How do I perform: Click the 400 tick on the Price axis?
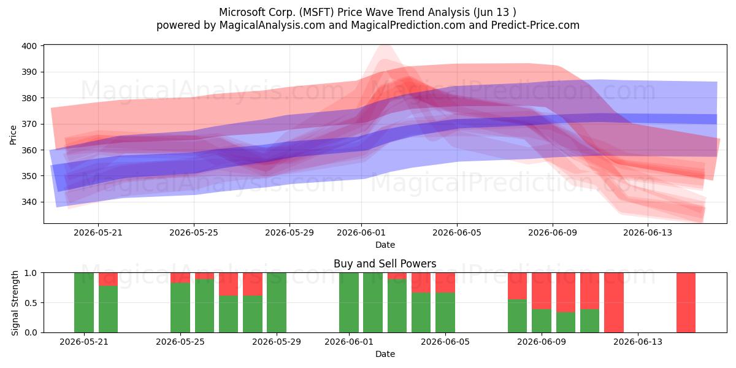[29, 46]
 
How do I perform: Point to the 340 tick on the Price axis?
[29, 202]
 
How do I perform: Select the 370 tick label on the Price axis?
[29, 124]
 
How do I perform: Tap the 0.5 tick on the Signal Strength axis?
[31, 302]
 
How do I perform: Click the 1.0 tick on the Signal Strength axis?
[31, 273]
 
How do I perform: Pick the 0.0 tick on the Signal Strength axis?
[31, 332]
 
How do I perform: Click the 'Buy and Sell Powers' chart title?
[385, 264]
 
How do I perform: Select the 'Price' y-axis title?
[13, 135]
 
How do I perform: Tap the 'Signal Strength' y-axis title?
[15, 303]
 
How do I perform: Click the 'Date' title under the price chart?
[385, 245]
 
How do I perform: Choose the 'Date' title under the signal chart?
[385, 354]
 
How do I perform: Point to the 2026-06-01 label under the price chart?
[361, 232]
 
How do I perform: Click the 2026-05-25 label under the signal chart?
[180, 342]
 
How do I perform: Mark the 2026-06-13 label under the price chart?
[648, 232]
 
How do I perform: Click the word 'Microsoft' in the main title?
[242, 12]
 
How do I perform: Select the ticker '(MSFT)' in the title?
[316, 12]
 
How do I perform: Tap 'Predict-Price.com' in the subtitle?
[535, 25]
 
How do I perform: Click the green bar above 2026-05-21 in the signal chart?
[84, 302]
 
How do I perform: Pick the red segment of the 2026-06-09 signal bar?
[542, 291]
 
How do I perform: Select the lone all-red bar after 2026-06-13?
[686, 302]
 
